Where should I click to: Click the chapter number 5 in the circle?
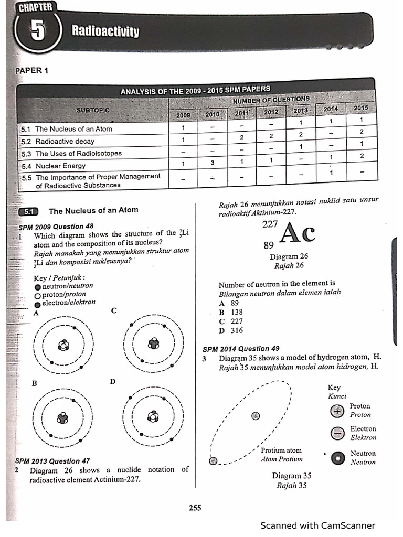(x=38, y=33)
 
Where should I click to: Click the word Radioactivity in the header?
(x=105, y=33)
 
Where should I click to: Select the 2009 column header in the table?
(x=183, y=115)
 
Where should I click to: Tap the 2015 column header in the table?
(x=361, y=108)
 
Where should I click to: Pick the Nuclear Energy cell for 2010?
(x=213, y=163)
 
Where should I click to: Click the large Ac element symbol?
(x=298, y=233)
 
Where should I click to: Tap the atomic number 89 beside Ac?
(x=268, y=245)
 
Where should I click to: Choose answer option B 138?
(x=229, y=312)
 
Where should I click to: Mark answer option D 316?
(x=229, y=330)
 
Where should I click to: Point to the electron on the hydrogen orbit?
(x=213, y=461)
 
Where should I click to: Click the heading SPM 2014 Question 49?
(x=241, y=348)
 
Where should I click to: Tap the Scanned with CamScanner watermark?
(x=317, y=525)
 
